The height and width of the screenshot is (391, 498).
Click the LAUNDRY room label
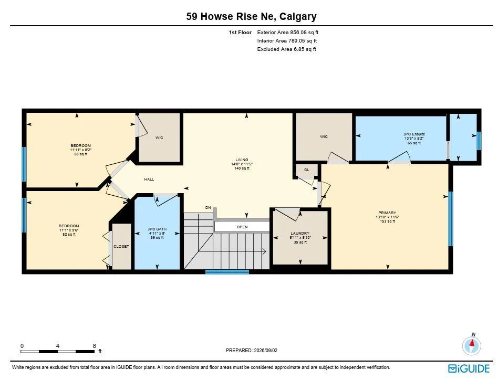tap(300, 233)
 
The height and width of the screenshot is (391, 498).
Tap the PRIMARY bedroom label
tap(387, 213)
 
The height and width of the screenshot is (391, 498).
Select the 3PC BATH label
tap(157, 229)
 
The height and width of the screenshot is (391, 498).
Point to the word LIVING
tap(242, 160)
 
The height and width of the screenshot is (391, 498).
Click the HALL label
tap(149, 179)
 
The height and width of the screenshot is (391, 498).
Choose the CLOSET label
tap(121, 246)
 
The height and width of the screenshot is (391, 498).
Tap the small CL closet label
tap(306, 170)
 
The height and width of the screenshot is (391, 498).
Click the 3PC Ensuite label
tap(414, 134)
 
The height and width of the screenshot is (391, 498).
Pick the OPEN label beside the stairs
tap(242, 227)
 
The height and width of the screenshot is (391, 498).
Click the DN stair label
tap(208, 207)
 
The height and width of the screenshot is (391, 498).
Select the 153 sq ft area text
tap(387, 221)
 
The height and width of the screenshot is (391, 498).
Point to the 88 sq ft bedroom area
tap(81, 154)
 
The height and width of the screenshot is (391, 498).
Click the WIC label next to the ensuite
tap(324, 137)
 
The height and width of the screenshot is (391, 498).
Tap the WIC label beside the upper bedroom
tap(159, 138)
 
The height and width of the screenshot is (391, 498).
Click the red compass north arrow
tap(472, 343)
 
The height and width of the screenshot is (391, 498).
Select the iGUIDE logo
tap(469, 368)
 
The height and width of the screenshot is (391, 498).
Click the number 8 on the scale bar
tap(95, 346)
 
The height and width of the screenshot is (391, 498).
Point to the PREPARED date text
tap(252, 351)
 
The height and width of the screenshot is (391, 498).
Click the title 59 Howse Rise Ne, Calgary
tap(251, 16)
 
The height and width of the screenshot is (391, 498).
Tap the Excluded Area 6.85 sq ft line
tap(286, 49)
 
